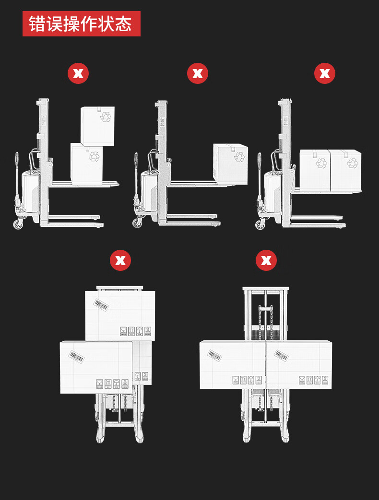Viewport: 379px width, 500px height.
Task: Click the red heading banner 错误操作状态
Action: coord(82,23)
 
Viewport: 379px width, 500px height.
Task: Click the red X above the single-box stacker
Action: coord(198,73)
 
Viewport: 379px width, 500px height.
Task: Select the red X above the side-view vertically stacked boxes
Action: coord(78,73)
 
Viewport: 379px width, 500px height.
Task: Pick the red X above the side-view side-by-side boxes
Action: coord(324,73)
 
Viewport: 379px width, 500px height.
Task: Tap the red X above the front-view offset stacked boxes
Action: coord(120,260)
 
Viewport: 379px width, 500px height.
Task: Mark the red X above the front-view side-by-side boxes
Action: coord(266,260)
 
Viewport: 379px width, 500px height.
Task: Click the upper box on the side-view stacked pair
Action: coord(97,126)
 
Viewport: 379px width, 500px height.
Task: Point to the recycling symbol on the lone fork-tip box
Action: coord(239,157)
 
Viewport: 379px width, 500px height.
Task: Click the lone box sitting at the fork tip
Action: coord(230,164)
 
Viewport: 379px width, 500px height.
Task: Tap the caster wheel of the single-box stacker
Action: coord(138,223)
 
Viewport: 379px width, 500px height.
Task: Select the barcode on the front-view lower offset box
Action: coord(77,357)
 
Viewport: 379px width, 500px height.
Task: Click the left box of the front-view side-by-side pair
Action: coord(233,364)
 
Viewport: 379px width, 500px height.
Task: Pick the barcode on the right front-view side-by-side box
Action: coord(282,355)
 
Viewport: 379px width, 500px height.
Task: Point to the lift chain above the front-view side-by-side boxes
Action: coord(266,322)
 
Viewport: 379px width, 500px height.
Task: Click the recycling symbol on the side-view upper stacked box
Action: coord(106,116)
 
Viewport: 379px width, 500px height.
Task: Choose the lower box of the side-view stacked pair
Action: coord(87,163)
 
